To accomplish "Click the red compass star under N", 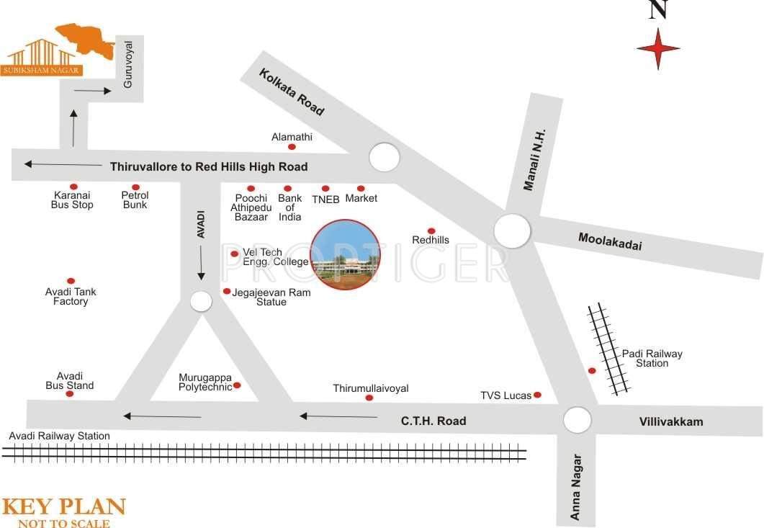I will pyautogui.click(x=658, y=49).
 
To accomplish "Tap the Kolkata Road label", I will pyautogui.click(x=292, y=92).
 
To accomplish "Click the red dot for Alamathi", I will pyautogui.click(x=292, y=147).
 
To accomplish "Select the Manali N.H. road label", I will pyautogui.click(x=535, y=160).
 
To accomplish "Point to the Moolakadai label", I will pyautogui.click(x=610, y=241).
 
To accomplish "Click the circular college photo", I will pyautogui.click(x=346, y=255).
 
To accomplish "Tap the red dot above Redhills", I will pyautogui.click(x=431, y=231).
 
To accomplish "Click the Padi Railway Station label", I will pyautogui.click(x=652, y=358).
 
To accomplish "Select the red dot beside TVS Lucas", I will pyautogui.click(x=537, y=395).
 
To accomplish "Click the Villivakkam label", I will pyautogui.click(x=670, y=421).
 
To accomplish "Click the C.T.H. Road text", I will pyautogui.click(x=433, y=421).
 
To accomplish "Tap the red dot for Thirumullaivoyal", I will pyautogui.click(x=369, y=398).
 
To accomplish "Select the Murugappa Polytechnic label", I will pyautogui.click(x=205, y=382).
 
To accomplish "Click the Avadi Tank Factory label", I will pyautogui.click(x=71, y=296).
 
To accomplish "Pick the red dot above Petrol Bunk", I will pyautogui.click(x=135, y=187).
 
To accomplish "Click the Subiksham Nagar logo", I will pyautogui.click(x=58, y=50).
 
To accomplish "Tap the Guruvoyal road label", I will pyautogui.click(x=129, y=65).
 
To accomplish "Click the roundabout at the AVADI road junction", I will pyautogui.click(x=201, y=301).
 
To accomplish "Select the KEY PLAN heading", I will pyautogui.click(x=63, y=507).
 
